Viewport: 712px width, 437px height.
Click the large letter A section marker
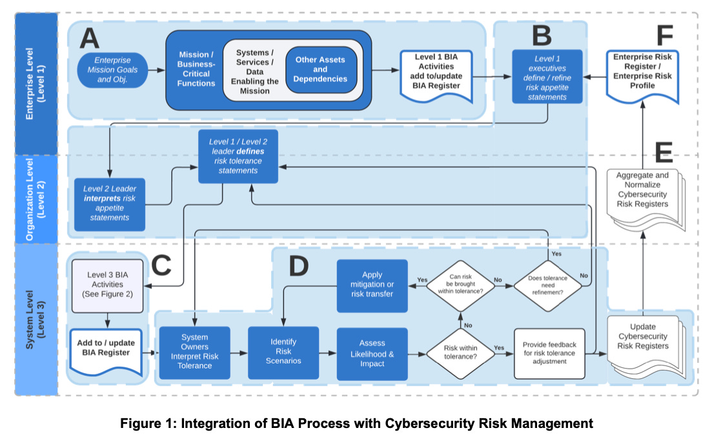[89, 39]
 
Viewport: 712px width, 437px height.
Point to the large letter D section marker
[298, 265]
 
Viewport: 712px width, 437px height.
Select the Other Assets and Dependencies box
[320, 70]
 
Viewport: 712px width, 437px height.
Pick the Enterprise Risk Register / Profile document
[642, 76]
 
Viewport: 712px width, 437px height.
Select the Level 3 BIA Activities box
[107, 284]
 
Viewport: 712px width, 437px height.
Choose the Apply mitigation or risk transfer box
[372, 284]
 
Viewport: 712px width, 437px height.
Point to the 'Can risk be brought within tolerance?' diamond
[460, 285]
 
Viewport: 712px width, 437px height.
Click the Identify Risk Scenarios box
[283, 352]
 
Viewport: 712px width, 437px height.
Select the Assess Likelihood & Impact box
[372, 353]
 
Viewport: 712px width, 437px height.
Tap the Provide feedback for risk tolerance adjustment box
[549, 353]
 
